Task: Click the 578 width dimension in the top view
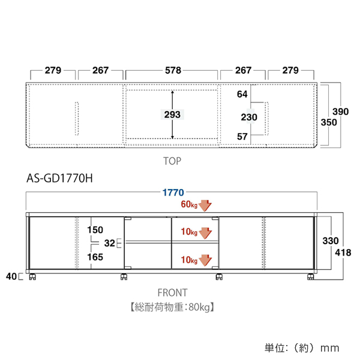click(173, 70)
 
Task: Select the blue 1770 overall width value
click(173, 193)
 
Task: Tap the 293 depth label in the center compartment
click(172, 115)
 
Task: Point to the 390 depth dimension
click(340, 112)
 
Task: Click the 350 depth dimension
click(329, 122)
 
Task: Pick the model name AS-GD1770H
click(59, 178)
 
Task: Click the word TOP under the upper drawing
click(172, 161)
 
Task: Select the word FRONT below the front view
click(173, 293)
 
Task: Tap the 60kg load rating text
click(189, 204)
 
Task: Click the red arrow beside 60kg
click(205, 205)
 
